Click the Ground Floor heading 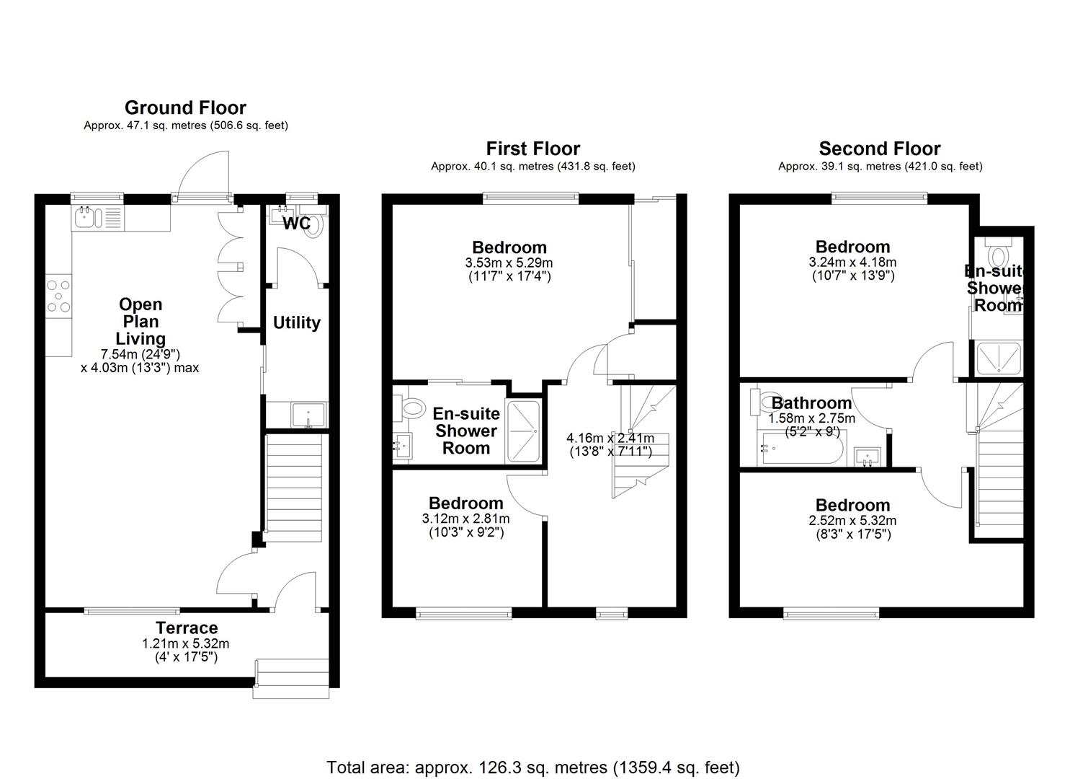pyautogui.click(x=185, y=107)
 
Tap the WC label pyautogui.click(x=296, y=224)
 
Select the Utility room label pyautogui.click(x=297, y=323)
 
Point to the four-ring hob pyautogui.click(x=59, y=296)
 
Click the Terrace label pyautogui.click(x=187, y=628)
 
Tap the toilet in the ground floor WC pyautogui.click(x=314, y=226)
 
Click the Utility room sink pyautogui.click(x=308, y=415)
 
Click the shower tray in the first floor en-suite pyautogui.click(x=524, y=432)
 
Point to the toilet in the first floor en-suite pyautogui.click(x=410, y=409)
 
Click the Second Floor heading pyautogui.click(x=880, y=149)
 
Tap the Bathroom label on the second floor pyautogui.click(x=811, y=403)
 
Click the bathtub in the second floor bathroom pyautogui.click(x=801, y=448)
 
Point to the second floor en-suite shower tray pyautogui.click(x=999, y=358)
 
